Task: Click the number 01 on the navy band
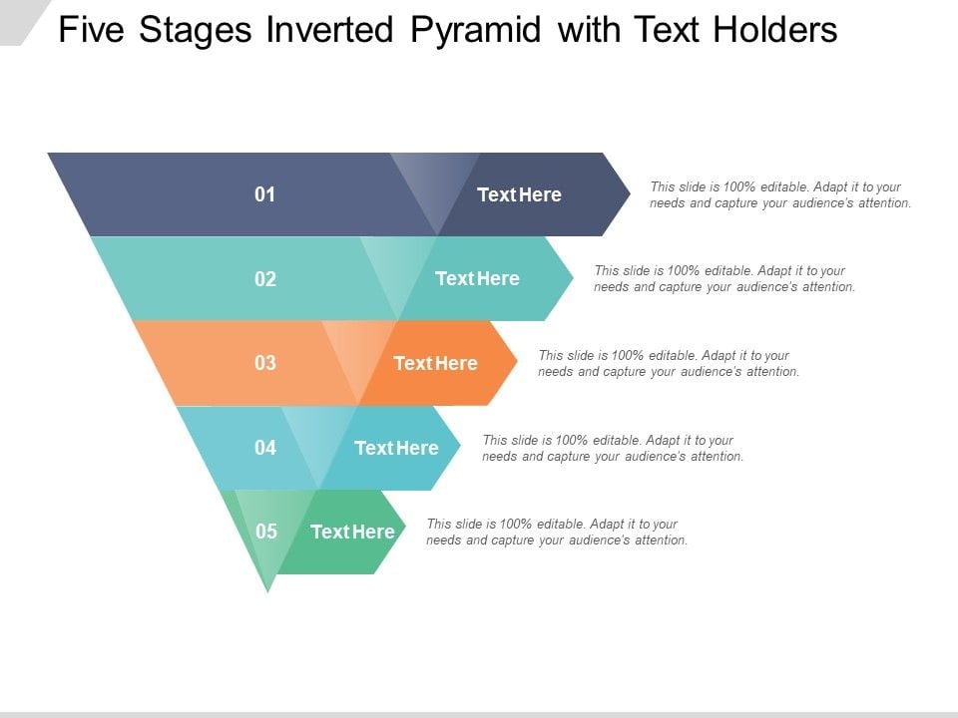click(265, 194)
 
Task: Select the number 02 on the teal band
click(265, 279)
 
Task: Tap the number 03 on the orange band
click(265, 363)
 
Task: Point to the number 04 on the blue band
click(265, 448)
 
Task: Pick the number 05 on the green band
click(265, 532)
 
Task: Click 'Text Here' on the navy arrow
click(519, 194)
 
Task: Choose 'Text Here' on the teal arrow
click(477, 278)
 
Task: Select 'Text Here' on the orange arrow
click(435, 363)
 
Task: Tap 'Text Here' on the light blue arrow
click(396, 448)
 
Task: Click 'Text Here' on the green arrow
click(352, 532)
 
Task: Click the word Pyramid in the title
click(476, 30)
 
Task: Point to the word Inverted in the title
click(328, 29)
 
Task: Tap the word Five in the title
click(91, 29)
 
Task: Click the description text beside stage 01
click(780, 194)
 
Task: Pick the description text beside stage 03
click(669, 363)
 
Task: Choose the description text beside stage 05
click(557, 532)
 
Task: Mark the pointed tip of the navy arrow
click(630, 194)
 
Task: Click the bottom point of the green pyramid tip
click(267, 591)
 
